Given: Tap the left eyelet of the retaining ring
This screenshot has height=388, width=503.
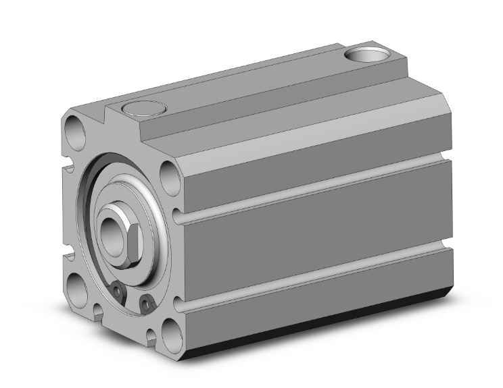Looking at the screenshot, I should pyautogui.click(x=119, y=292).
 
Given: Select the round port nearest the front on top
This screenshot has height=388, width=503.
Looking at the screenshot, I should pyautogui.click(x=143, y=108).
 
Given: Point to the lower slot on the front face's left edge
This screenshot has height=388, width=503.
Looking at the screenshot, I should pyautogui.click(x=68, y=256).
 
